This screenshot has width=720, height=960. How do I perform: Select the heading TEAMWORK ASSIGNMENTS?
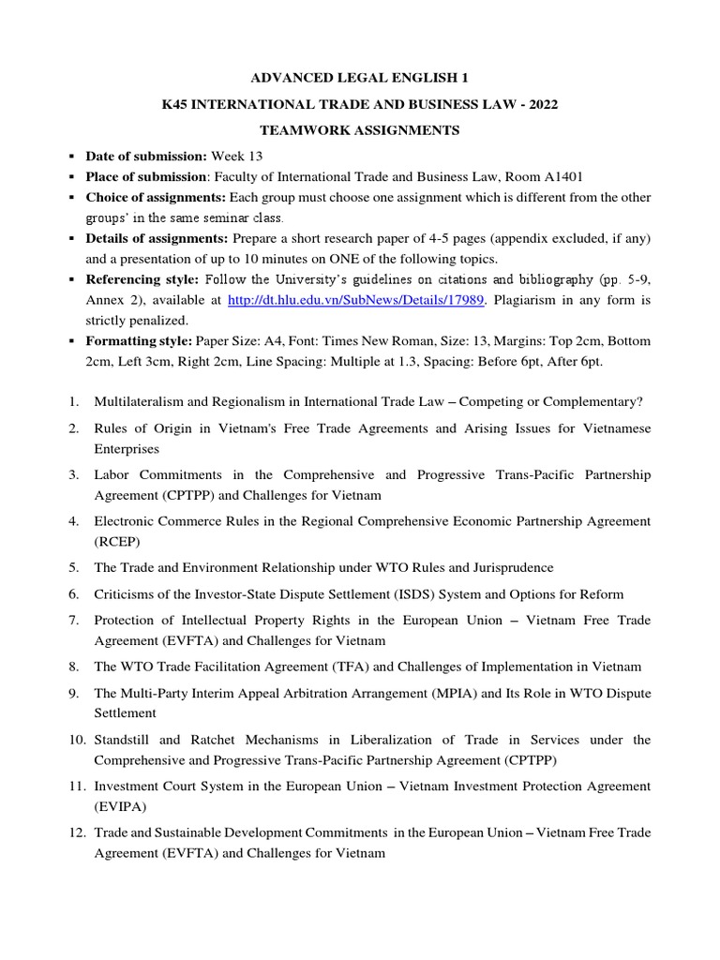[360, 130]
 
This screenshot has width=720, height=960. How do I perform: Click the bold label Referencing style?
[143, 279]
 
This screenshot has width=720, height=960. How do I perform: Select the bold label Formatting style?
[141, 340]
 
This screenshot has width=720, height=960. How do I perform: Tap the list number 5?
[73, 567]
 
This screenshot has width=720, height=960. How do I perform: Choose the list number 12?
[76, 832]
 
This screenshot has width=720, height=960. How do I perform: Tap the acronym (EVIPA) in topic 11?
[119, 806]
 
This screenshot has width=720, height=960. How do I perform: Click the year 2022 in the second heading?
[541, 104]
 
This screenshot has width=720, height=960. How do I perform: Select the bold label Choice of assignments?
[156, 197]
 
